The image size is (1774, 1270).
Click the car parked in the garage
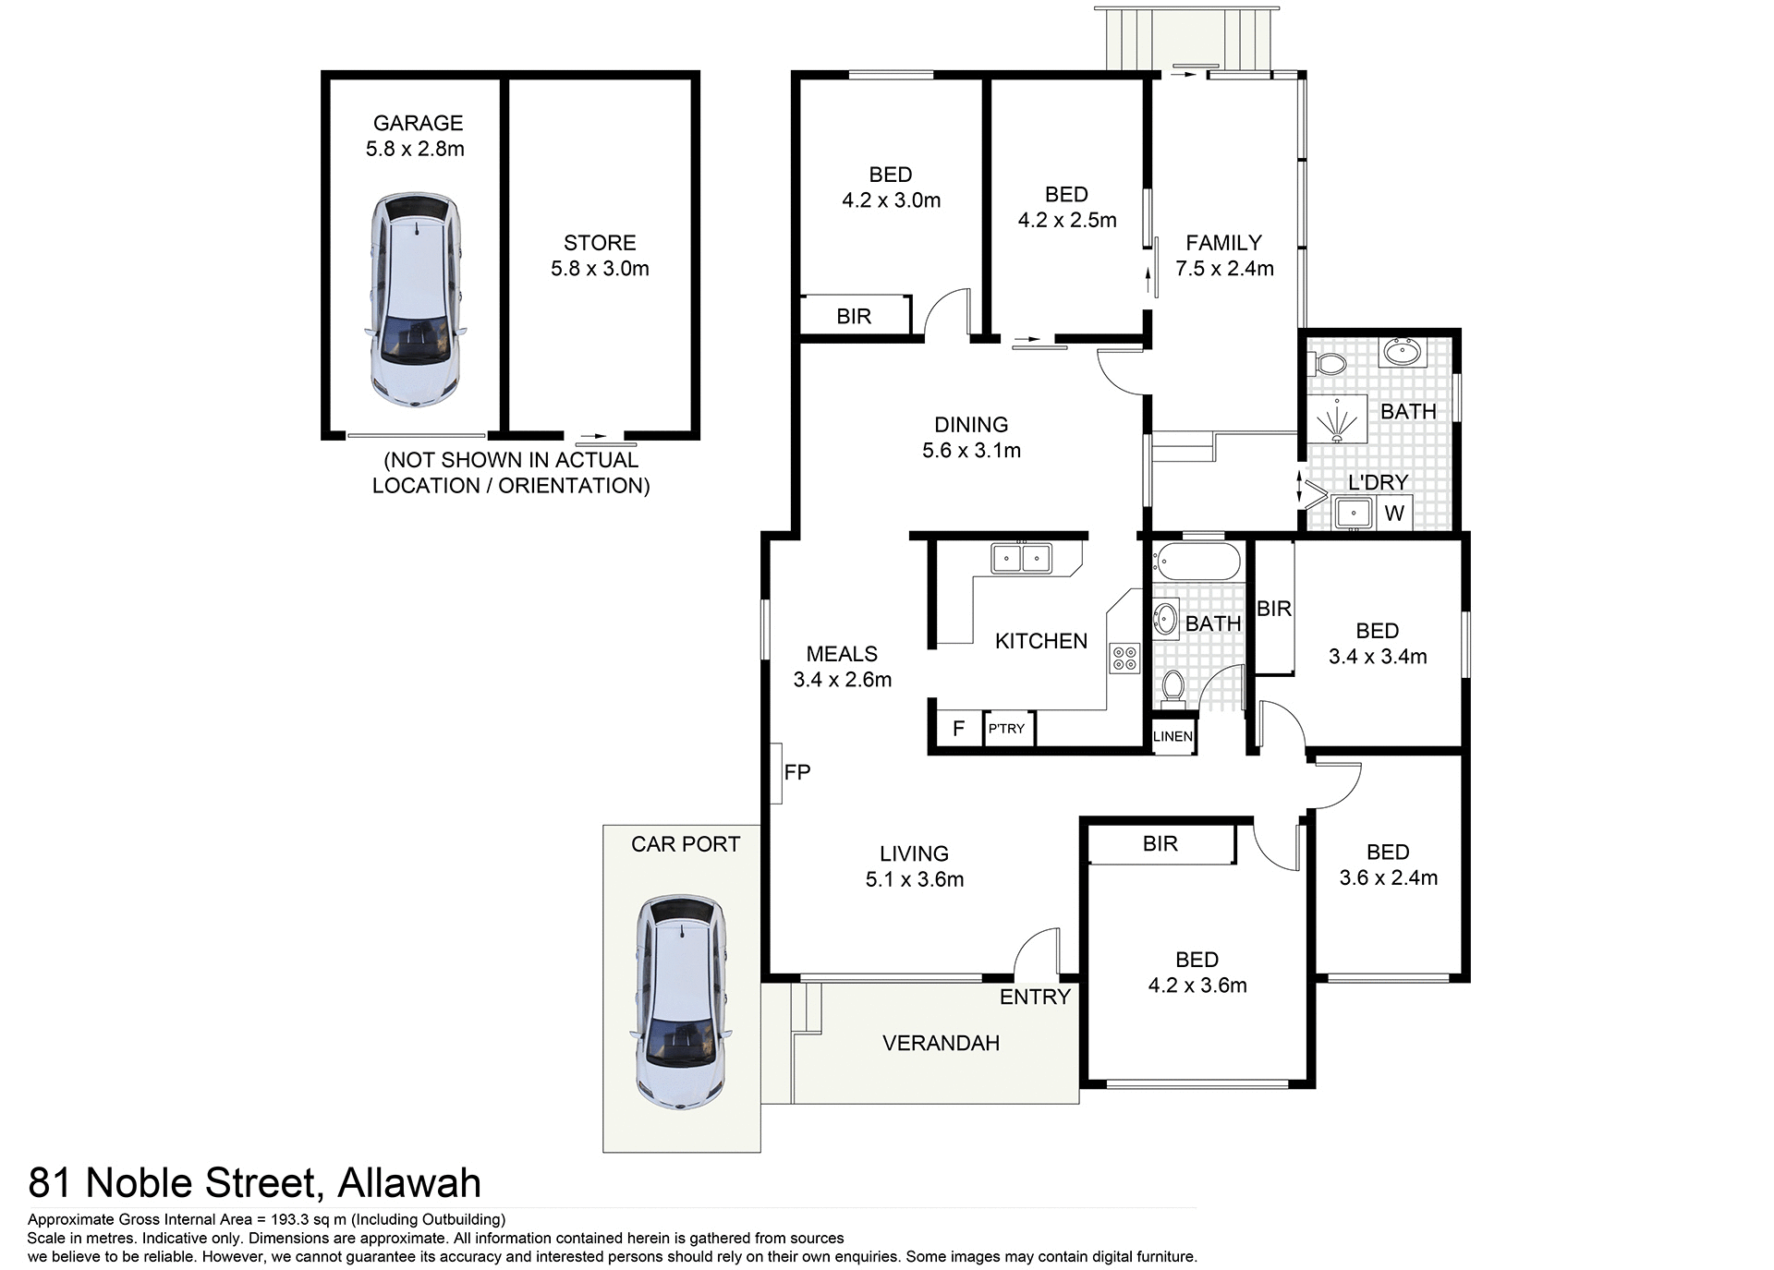[x=415, y=299]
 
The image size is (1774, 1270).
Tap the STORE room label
[x=600, y=243]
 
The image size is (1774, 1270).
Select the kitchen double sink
[x=1021, y=559]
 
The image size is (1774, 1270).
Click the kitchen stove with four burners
[x=1125, y=658]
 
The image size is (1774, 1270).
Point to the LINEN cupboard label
[x=1173, y=736]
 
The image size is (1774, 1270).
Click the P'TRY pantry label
[x=1007, y=728]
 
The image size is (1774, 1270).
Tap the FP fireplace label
[x=796, y=772]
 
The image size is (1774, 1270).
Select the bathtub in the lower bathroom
[x=1197, y=561]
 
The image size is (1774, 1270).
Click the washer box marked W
[x=1394, y=513]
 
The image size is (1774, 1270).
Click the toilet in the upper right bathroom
[x=1328, y=364]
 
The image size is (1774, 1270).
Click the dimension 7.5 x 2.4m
[x=1224, y=269]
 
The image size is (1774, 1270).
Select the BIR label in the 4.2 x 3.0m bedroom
[x=854, y=317]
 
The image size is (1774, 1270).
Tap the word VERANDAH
[x=941, y=1044]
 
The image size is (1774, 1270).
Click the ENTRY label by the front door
[x=1034, y=997]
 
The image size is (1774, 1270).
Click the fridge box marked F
[x=958, y=728]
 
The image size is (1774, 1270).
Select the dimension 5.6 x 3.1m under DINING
[x=971, y=451]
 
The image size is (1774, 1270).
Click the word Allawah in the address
[x=409, y=1183]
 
